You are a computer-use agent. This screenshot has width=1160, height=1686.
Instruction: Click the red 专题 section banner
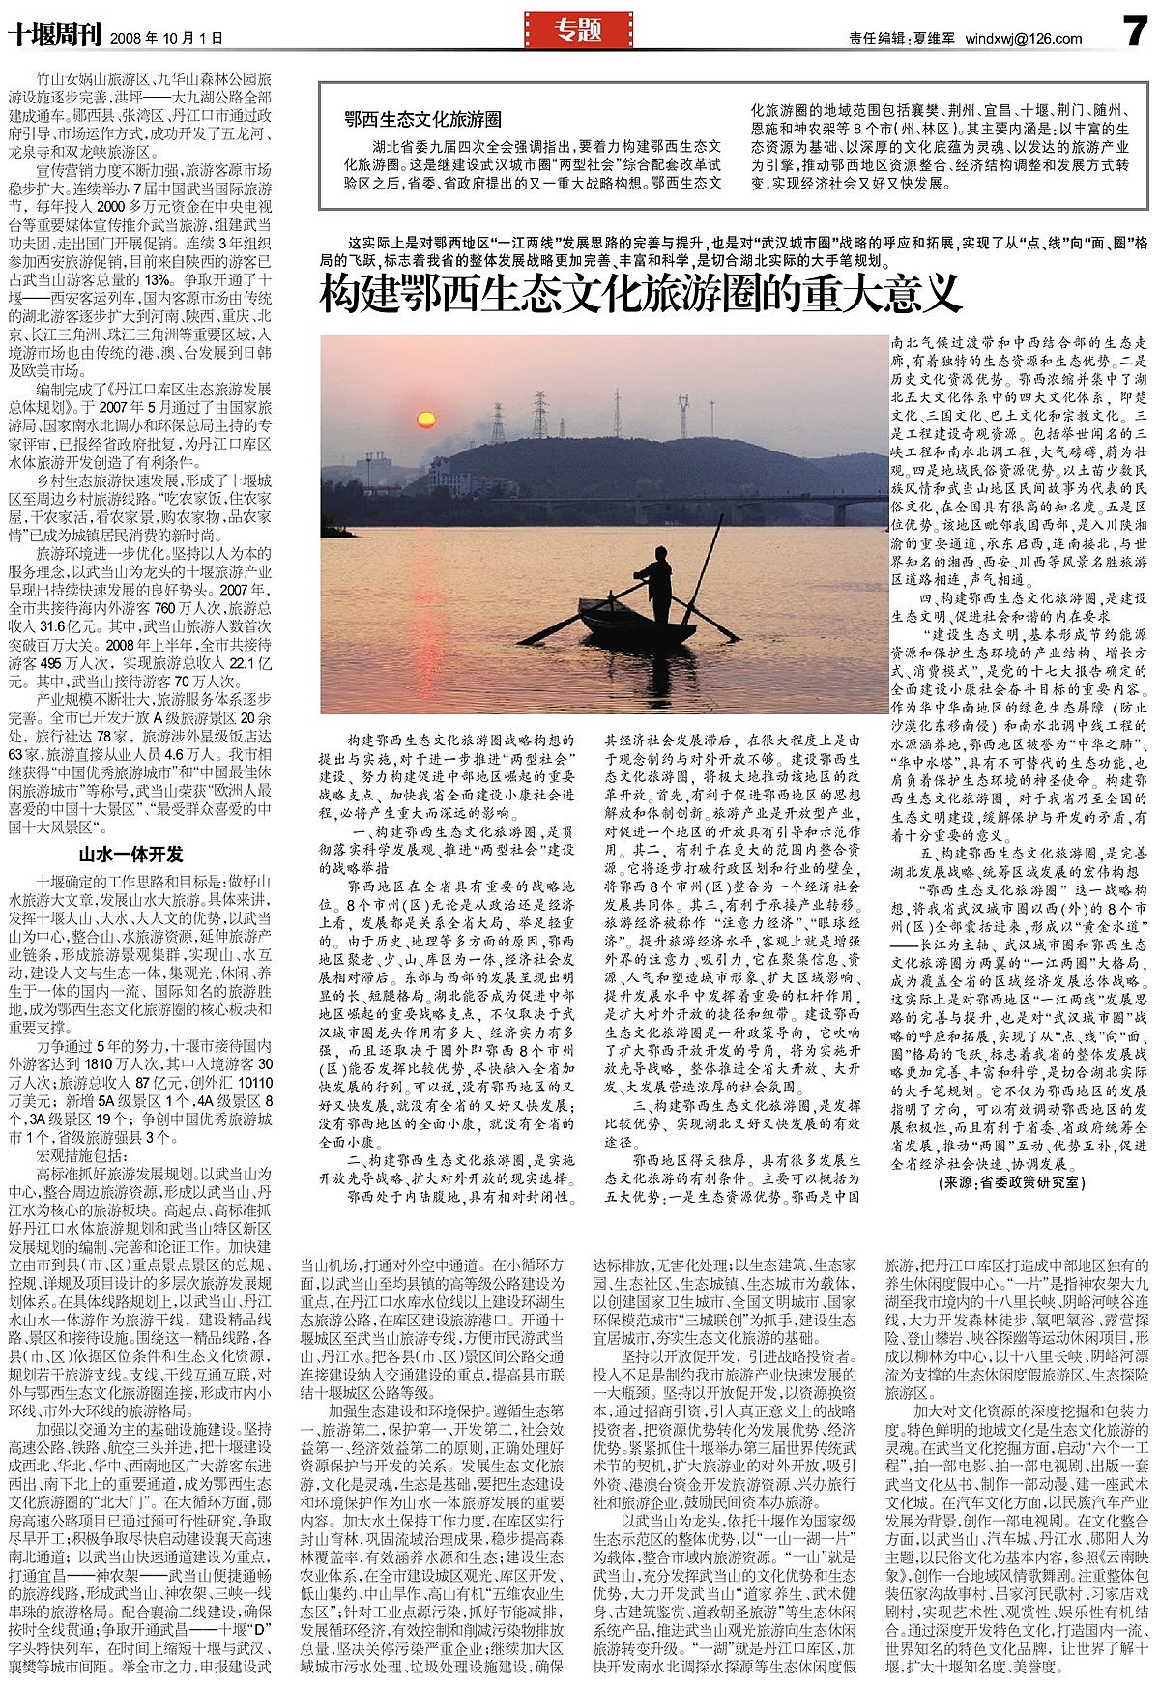(578, 31)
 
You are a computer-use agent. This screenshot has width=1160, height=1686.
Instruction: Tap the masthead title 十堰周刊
(53, 36)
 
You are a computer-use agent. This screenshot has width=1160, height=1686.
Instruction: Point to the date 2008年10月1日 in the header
(167, 39)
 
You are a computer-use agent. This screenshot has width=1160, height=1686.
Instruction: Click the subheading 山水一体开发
(130, 855)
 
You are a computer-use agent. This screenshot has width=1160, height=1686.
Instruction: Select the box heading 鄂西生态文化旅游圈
(422, 120)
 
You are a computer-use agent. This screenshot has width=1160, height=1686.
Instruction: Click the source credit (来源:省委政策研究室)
(1011, 1182)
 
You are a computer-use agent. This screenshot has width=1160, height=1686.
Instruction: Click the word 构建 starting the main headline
(355, 293)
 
